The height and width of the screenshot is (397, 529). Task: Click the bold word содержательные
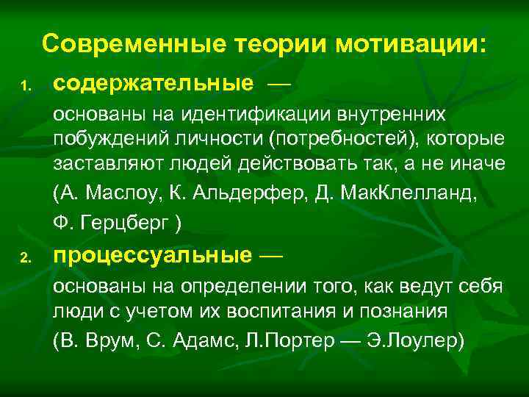point(153,84)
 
